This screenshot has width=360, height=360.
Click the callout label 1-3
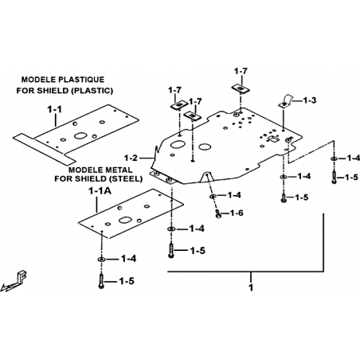310,100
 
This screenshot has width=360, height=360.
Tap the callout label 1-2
131,158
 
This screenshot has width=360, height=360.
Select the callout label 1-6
237,213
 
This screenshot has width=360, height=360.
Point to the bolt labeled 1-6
218,213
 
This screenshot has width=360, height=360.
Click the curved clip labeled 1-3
286,100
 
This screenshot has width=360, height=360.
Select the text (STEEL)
126,178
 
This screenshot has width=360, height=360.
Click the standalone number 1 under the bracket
251,288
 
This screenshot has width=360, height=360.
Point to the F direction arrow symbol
14,281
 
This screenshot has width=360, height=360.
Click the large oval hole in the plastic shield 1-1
80,135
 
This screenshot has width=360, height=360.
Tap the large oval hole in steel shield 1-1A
125,220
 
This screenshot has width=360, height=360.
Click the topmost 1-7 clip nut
241,88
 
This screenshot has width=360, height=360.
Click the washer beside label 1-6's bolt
213,196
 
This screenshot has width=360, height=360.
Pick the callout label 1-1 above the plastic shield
54,109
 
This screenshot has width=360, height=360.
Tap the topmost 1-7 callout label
241,71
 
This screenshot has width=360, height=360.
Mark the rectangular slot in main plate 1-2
273,139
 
